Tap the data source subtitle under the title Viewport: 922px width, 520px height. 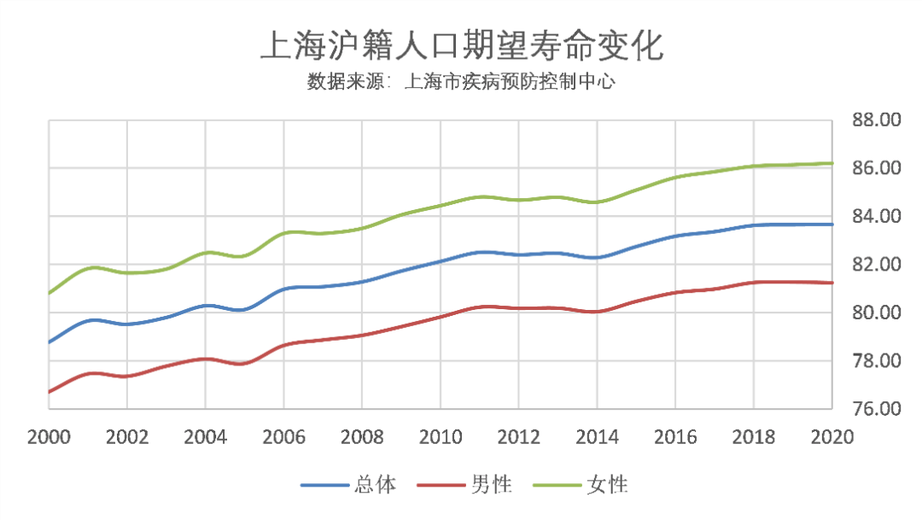tap(461, 83)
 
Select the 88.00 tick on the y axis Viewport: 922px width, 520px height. tap(877, 120)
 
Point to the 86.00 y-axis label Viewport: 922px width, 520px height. tap(877, 168)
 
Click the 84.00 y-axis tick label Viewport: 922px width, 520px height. tap(877, 217)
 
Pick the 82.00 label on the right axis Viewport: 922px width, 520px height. tap(877, 265)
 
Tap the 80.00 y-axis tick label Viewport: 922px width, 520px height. tap(877, 313)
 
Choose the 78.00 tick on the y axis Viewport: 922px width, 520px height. tap(877, 361)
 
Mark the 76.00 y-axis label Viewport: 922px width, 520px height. tap(877, 409)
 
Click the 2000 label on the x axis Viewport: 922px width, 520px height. tap(49, 436)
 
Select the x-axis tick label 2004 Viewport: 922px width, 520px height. tap(205, 436)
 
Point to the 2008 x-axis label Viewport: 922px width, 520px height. tap(361, 436)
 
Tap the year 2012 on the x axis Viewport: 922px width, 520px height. tap(518, 436)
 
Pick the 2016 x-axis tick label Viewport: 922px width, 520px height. tap(674, 436)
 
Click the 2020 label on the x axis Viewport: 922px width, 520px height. tap(832, 436)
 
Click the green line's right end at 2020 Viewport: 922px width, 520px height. tap(832, 163)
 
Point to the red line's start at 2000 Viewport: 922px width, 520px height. tap(50, 392)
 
